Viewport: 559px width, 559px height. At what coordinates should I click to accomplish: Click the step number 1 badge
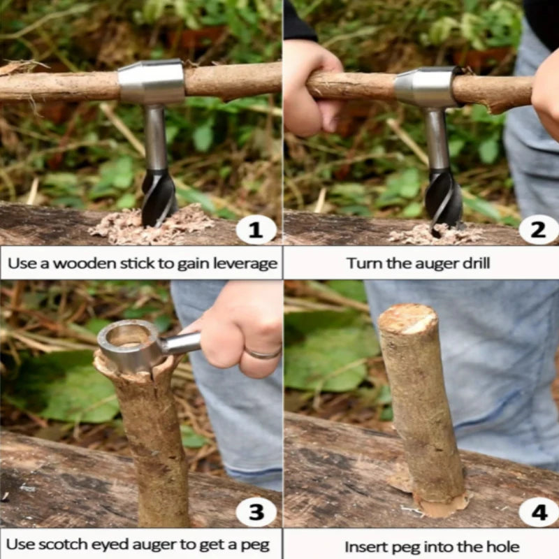(256, 230)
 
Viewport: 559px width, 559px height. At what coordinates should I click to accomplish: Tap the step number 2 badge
(539, 230)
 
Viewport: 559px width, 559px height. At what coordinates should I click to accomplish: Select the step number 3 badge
(256, 512)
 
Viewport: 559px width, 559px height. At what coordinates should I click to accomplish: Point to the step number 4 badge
(539, 513)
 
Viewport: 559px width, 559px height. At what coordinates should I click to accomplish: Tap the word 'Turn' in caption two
(361, 264)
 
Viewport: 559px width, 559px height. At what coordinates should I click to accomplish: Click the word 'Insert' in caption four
(363, 546)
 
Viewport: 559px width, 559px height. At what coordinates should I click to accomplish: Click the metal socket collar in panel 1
(151, 82)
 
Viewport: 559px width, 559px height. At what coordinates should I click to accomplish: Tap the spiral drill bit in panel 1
(158, 198)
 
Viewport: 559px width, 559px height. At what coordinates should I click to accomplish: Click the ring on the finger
(263, 354)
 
